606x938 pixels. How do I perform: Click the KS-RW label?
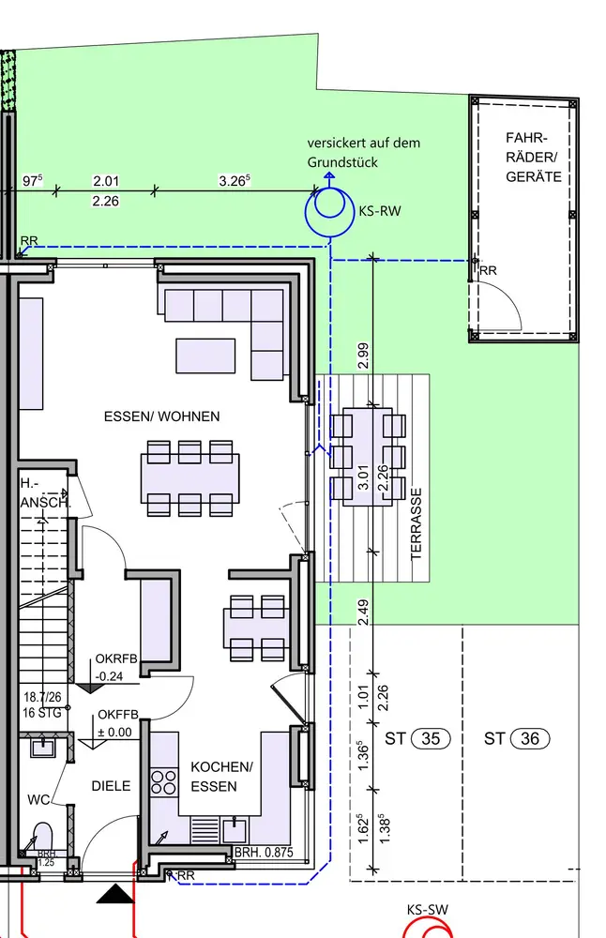380,210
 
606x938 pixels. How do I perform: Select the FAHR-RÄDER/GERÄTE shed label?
534,158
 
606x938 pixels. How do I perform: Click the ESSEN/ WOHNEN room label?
161,416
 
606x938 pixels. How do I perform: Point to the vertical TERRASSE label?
417,524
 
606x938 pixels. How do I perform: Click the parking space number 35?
431,739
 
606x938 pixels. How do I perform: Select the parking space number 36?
530,739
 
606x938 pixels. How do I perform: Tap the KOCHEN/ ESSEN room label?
221,777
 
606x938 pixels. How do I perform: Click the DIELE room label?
112,785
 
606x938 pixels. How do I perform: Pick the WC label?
38,800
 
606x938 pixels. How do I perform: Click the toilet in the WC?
43,839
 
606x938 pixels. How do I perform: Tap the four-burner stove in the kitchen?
164,782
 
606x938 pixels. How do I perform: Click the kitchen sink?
234,830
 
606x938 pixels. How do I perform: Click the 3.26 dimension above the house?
235,181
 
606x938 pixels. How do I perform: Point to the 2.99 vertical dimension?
362,356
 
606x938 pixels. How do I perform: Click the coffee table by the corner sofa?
205,356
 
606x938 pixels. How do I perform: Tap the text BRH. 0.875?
264,853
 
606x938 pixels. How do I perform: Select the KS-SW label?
427,910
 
